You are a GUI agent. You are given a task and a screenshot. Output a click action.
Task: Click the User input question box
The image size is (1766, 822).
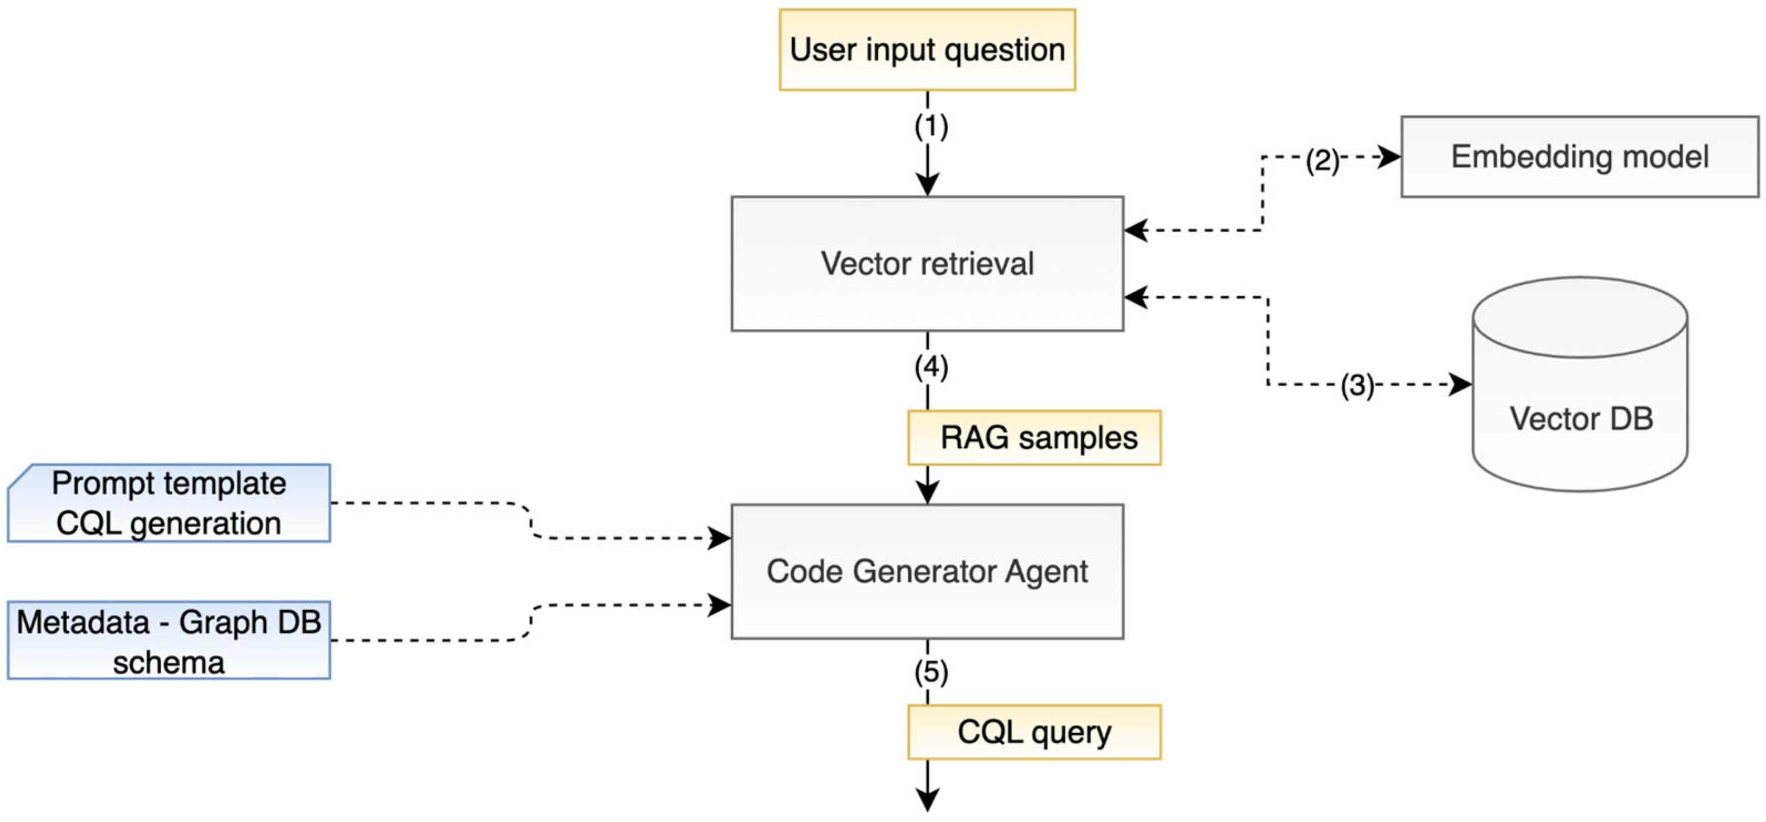coord(927,49)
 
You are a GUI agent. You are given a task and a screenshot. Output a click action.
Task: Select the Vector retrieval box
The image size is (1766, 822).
coord(927,264)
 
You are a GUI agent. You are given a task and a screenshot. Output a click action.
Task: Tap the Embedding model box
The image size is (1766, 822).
coord(1580,157)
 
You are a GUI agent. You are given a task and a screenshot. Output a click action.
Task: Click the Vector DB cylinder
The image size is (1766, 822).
coord(1580,384)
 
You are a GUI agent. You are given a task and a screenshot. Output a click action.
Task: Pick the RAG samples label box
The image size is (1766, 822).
coord(1035,437)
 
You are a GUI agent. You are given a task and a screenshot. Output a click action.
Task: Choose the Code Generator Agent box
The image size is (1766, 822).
coord(927,571)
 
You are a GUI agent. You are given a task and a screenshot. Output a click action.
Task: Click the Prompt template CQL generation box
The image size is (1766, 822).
coord(169,502)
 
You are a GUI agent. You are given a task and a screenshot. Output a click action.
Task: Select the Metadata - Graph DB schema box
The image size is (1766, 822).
coord(169,640)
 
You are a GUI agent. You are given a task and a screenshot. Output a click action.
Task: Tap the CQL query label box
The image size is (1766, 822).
coord(1035,731)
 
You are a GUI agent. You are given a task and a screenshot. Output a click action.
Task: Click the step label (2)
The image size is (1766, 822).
coord(1322,161)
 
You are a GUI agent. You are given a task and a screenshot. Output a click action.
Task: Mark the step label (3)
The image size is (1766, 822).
coord(1357,385)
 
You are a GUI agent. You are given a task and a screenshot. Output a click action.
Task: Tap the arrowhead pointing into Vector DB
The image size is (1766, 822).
coord(1461,384)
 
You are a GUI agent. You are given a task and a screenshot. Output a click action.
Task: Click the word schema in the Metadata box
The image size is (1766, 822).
coord(169,663)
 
